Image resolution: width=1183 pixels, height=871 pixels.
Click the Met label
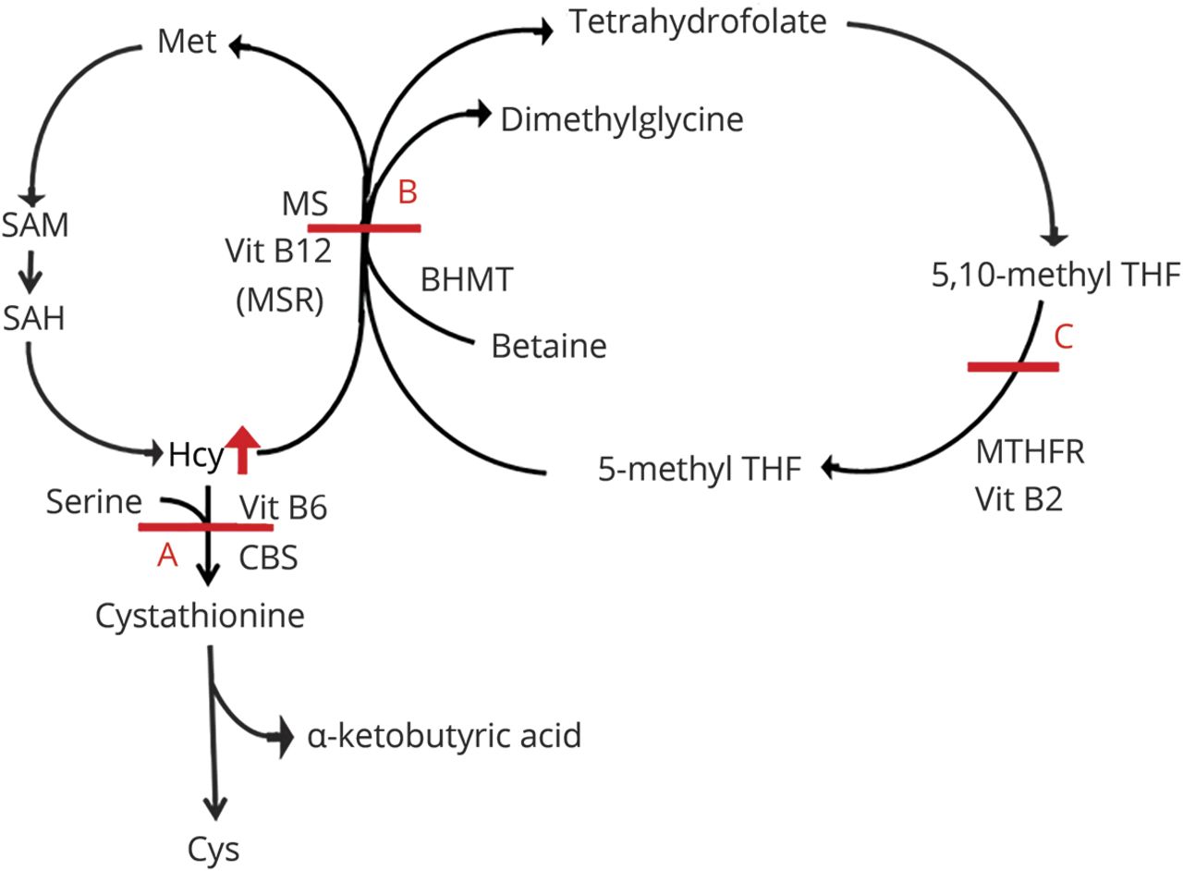(x=187, y=42)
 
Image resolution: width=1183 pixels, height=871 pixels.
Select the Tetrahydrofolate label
(x=698, y=22)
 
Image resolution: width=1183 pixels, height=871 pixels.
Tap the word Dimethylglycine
(x=622, y=120)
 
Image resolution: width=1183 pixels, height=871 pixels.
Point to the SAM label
(x=35, y=225)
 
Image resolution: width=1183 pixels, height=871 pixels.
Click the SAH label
(x=34, y=318)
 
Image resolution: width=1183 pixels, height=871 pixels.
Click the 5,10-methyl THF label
(x=1055, y=276)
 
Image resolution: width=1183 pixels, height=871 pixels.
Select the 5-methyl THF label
(x=700, y=469)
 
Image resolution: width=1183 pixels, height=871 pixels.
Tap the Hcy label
(x=196, y=456)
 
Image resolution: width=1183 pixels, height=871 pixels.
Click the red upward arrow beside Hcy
(x=242, y=449)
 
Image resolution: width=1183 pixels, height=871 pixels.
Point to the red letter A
(x=167, y=556)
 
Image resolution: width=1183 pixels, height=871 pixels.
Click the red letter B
(x=408, y=191)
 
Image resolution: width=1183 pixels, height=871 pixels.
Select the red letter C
(x=1063, y=337)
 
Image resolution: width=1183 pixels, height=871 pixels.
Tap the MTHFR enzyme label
(x=1030, y=452)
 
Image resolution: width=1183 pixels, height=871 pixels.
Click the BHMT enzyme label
(x=467, y=279)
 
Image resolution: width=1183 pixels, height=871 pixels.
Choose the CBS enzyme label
(x=268, y=558)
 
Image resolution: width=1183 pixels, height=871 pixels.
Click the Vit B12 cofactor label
(x=278, y=251)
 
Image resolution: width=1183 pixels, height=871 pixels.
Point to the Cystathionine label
(x=200, y=616)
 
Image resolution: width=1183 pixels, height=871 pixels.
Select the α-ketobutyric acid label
(x=445, y=735)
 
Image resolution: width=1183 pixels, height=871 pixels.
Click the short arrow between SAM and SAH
(x=30, y=272)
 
